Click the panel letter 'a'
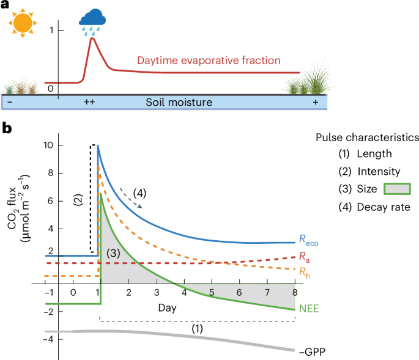pos(6,7)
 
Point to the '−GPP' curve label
pos(311,351)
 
